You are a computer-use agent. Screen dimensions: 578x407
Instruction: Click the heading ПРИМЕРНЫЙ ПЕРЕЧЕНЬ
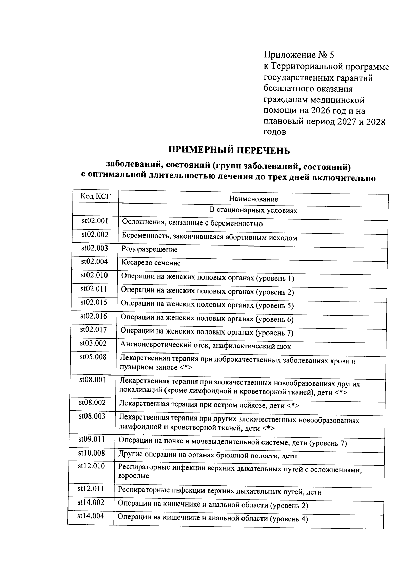229,150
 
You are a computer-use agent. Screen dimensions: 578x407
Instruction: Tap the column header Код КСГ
95,196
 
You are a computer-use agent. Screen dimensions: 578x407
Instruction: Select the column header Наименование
253,199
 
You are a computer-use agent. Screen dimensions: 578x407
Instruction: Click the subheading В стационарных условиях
253,210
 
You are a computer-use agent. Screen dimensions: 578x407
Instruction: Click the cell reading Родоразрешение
150,250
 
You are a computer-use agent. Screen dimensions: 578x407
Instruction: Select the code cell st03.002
93,343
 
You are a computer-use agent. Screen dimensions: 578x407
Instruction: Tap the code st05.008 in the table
93,357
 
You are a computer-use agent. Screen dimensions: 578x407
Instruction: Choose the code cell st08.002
92,402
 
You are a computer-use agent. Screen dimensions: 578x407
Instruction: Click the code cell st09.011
92,440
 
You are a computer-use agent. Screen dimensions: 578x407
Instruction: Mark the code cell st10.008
92,453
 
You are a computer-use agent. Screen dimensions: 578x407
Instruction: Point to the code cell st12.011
91,489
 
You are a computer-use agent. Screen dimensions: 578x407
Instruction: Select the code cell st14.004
91,516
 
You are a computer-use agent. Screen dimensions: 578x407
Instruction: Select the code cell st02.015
94,302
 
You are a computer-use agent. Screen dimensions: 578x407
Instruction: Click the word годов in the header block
274,132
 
